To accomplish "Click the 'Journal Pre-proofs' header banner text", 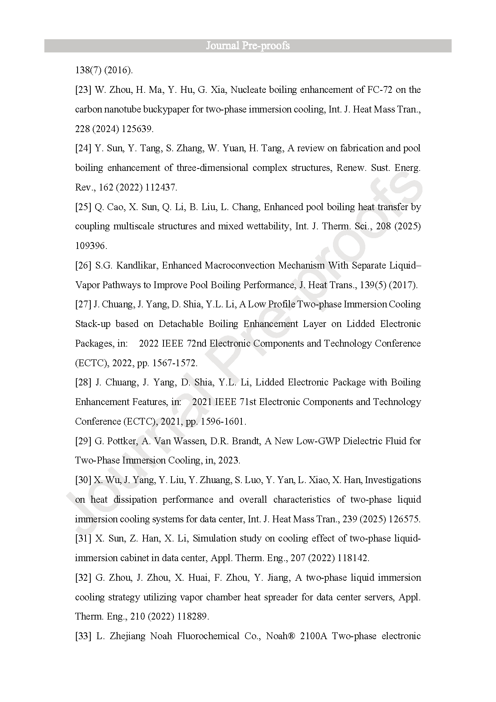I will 248,46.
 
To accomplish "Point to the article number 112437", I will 161,187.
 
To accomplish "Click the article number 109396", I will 91,246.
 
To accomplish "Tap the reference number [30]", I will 83,480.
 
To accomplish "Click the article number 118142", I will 353,558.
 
